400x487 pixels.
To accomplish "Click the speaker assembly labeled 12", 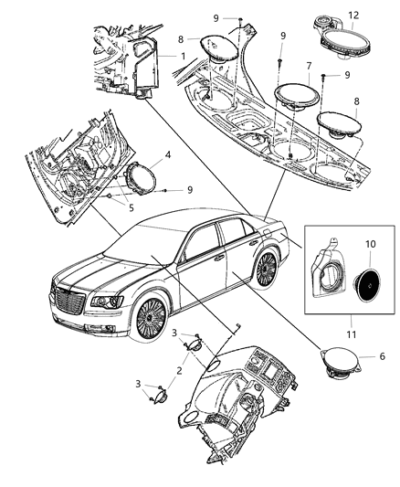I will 337,37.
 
